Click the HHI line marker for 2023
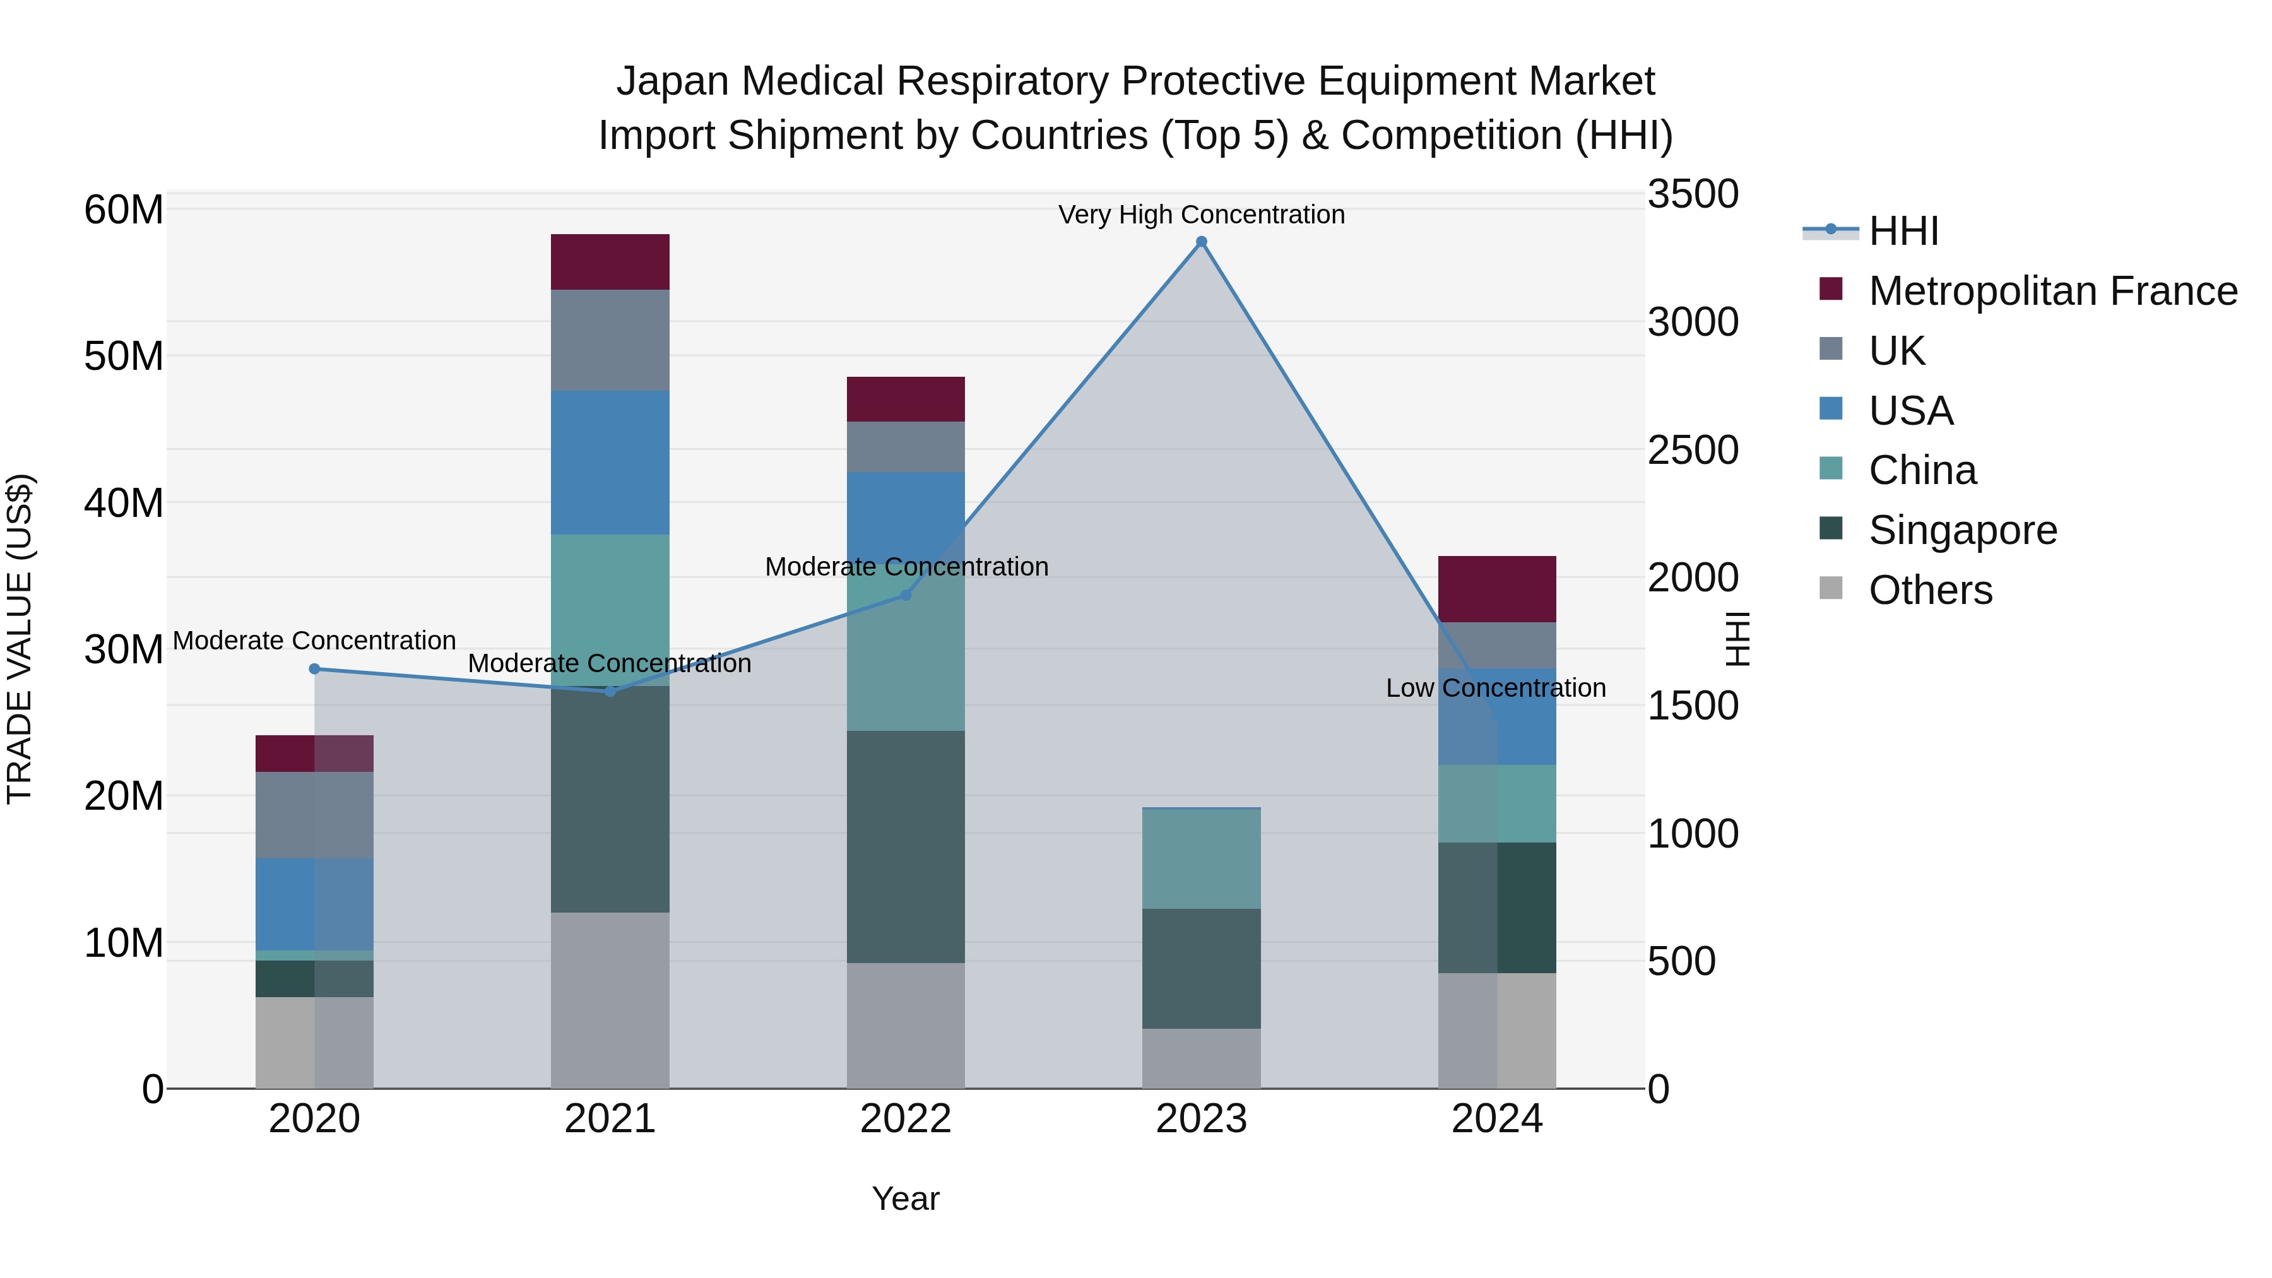pyautogui.click(x=1201, y=242)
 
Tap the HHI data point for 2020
pyautogui.click(x=314, y=668)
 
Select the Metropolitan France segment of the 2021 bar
pyautogui.click(x=610, y=262)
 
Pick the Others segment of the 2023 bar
pyautogui.click(x=1201, y=1058)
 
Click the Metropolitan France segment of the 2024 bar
pyautogui.click(x=1497, y=589)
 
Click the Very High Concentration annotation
pyautogui.click(x=1201, y=215)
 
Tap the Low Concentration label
pyautogui.click(x=1495, y=688)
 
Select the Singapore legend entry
pyautogui.click(x=1962, y=530)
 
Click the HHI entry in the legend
pyautogui.click(x=1903, y=231)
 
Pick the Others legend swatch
pyautogui.click(x=1831, y=588)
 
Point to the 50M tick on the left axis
pyautogui.click(x=124, y=357)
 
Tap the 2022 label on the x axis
pyautogui.click(x=906, y=1119)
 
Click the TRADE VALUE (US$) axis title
pyautogui.click(x=20, y=639)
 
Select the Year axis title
pyautogui.click(x=906, y=1198)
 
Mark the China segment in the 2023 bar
pyautogui.click(x=1201, y=858)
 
